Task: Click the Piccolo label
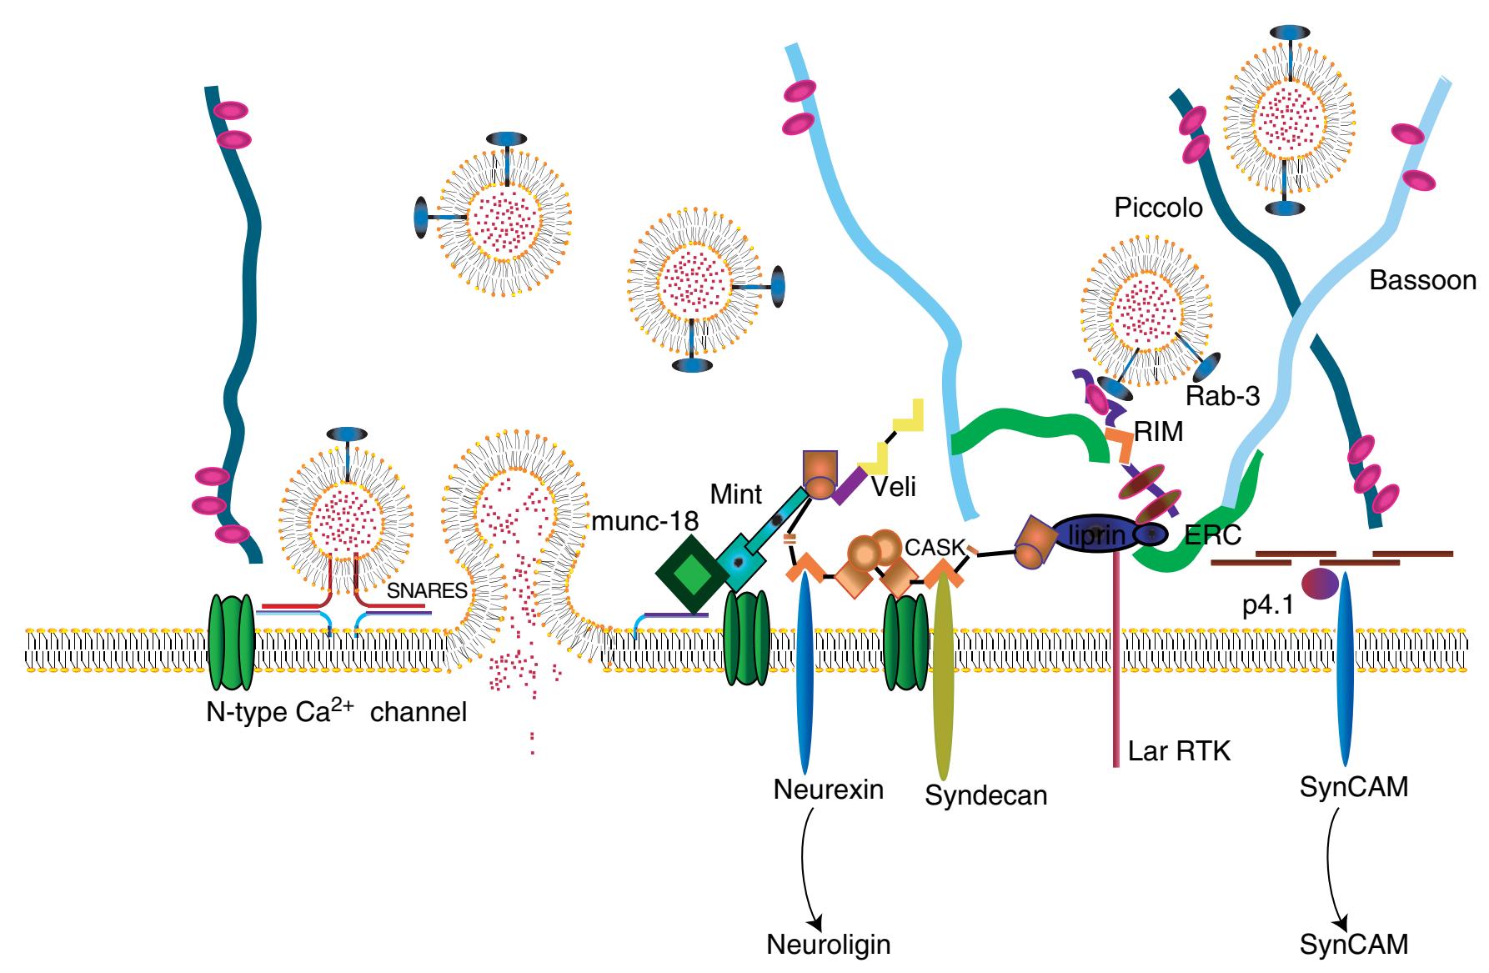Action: coord(1158,208)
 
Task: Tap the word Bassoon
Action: coord(1422,281)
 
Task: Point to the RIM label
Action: coord(1160,432)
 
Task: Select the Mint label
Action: coord(736,494)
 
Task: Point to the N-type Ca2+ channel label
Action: coord(336,712)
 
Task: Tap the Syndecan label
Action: coord(986,795)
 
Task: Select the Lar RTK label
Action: coord(1179,752)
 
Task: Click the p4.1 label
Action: coord(1267,606)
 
